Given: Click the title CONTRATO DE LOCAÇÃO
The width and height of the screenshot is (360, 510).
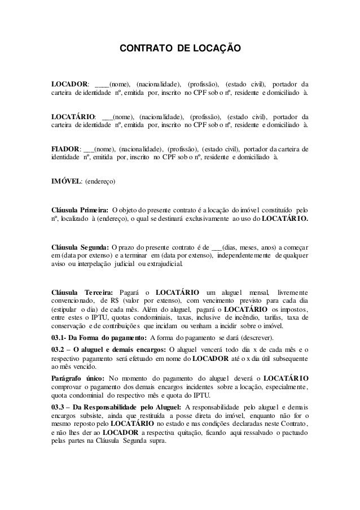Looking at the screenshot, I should (179, 50).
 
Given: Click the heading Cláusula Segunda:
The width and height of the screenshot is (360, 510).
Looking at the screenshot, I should (80, 247).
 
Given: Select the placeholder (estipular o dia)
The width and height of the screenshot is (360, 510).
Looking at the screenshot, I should (72, 311).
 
